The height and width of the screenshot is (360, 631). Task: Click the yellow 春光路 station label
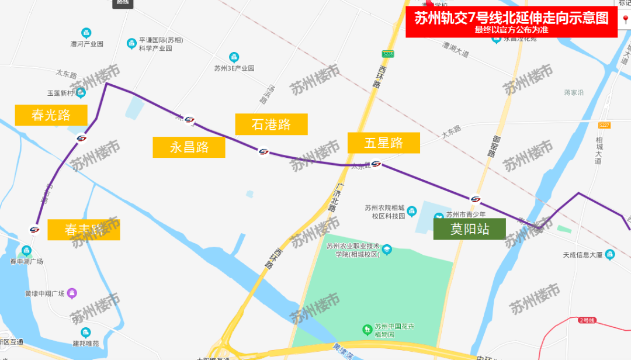pyautogui.click(x=51, y=115)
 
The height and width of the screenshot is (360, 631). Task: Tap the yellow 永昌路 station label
pyautogui.click(x=189, y=147)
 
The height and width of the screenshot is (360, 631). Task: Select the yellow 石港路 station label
pyautogui.click(x=271, y=124)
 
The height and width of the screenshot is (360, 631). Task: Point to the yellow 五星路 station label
pyautogui.click(x=383, y=143)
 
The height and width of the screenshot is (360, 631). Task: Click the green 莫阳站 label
pyautogui.click(x=469, y=229)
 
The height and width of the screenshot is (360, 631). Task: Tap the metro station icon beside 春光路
pyautogui.click(x=81, y=138)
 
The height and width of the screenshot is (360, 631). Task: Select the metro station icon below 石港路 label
pyautogui.click(x=264, y=152)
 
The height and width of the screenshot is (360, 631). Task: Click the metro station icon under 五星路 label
pyautogui.click(x=376, y=164)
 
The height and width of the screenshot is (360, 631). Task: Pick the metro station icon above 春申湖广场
pyautogui.click(x=34, y=229)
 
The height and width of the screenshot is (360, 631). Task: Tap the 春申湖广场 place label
pyautogui.click(x=26, y=261)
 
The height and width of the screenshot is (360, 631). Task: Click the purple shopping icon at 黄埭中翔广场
pyautogui.click(x=71, y=292)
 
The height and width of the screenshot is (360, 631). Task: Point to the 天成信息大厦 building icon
pyautogui.click(x=610, y=254)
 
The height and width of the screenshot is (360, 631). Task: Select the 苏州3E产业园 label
pyautogui.click(x=234, y=68)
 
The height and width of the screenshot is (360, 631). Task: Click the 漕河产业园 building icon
pyautogui.click(x=86, y=32)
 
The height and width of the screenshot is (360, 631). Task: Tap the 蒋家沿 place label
pyautogui.click(x=574, y=92)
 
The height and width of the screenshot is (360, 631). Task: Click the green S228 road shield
pyautogui.click(x=388, y=54)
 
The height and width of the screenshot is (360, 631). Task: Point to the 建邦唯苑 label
pyautogui.click(x=86, y=343)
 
